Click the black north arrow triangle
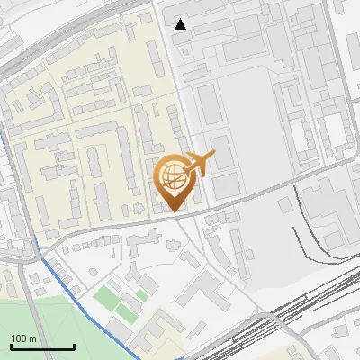click(x=181, y=24)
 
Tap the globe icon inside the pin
click(x=175, y=175)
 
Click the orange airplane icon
click(x=199, y=163)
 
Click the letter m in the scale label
click(x=33, y=338)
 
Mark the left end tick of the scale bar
click(x=11, y=346)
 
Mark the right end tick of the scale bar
click(x=74, y=346)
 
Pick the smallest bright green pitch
click(x=142, y=295)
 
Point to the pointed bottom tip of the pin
click(x=175, y=211)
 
